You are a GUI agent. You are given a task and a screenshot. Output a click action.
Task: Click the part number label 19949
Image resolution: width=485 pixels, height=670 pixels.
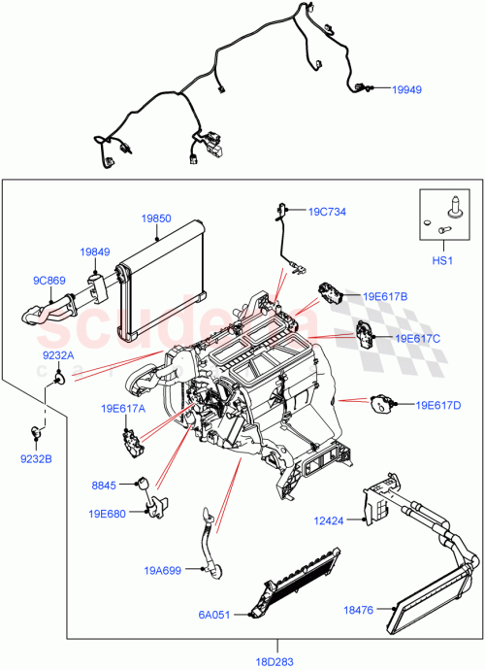click(407, 90)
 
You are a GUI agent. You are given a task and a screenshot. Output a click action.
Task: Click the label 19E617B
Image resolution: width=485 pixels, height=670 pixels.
click(386, 296)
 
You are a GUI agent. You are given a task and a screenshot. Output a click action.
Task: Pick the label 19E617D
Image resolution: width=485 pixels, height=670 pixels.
click(438, 405)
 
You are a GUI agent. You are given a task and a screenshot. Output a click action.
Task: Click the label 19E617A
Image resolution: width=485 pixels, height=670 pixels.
click(122, 409)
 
